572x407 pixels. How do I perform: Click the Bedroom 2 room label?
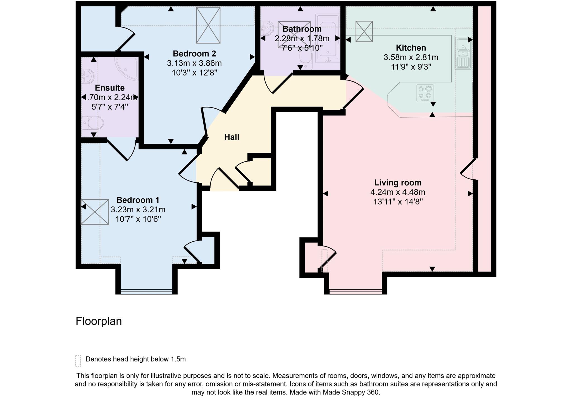[x=194, y=53]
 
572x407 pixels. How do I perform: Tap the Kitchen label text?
[x=411, y=48]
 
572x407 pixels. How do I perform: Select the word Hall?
[x=232, y=137]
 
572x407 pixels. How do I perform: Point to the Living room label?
[x=398, y=183]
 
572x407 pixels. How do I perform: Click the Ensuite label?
[x=109, y=88]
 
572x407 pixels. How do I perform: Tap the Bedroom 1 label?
[x=138, y=200]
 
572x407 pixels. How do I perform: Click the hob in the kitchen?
[x=425, y=93]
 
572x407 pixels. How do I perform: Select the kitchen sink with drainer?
[x=463, y=53]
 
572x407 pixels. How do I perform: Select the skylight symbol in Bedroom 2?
[x=208, y=25]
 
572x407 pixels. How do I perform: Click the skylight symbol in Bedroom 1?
[x=95, y=212]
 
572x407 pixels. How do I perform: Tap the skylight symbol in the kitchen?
[x=364, y=31]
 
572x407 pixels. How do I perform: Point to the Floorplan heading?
[x=99, y=321]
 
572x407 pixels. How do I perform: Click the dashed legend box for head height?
[x=78, y=361]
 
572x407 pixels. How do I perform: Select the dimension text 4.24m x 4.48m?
[x=398, y=192]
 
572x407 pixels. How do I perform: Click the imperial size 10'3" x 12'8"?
[x=194, y=73]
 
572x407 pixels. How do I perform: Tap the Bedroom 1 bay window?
[x=146, y=291]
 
